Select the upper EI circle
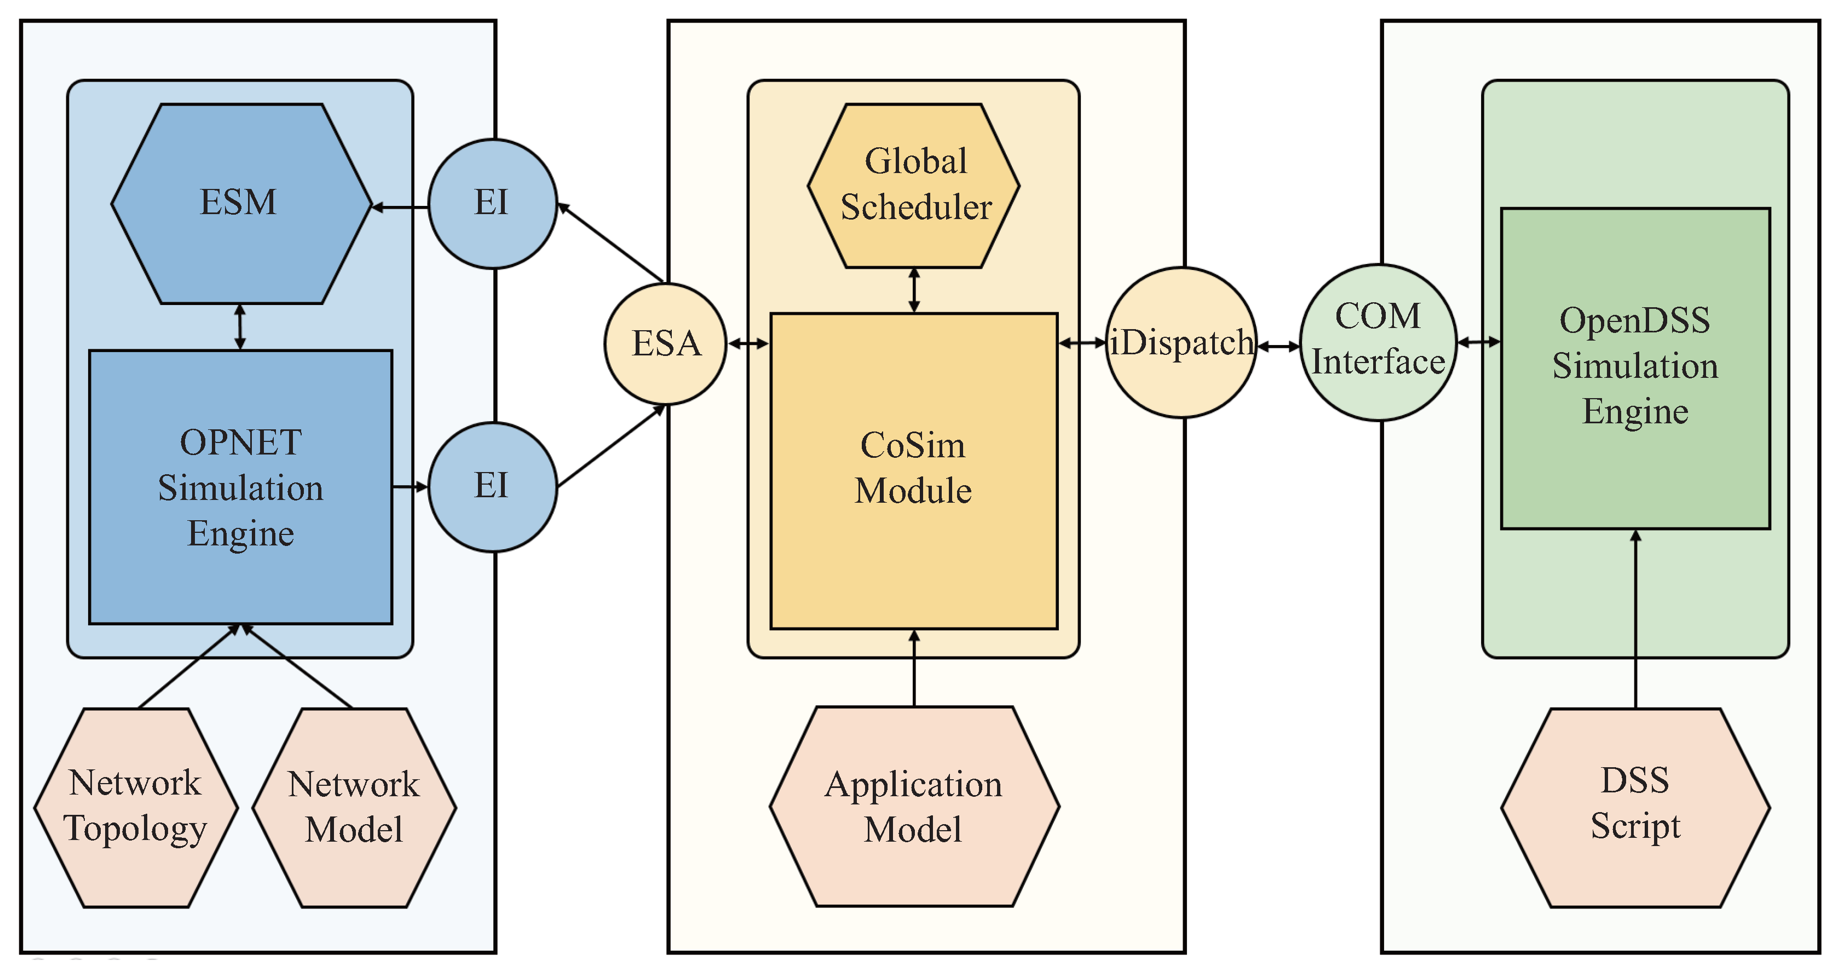492,203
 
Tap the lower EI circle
492,487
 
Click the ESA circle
666,344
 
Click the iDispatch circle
1182,343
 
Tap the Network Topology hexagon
136,807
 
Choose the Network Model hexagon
354,807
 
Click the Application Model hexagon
914,807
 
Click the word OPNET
241,442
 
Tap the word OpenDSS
1635,320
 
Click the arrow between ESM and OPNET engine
240,327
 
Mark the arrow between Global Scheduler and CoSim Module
914,290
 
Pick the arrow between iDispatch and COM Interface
1278,347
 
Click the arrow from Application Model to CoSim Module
914,668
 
